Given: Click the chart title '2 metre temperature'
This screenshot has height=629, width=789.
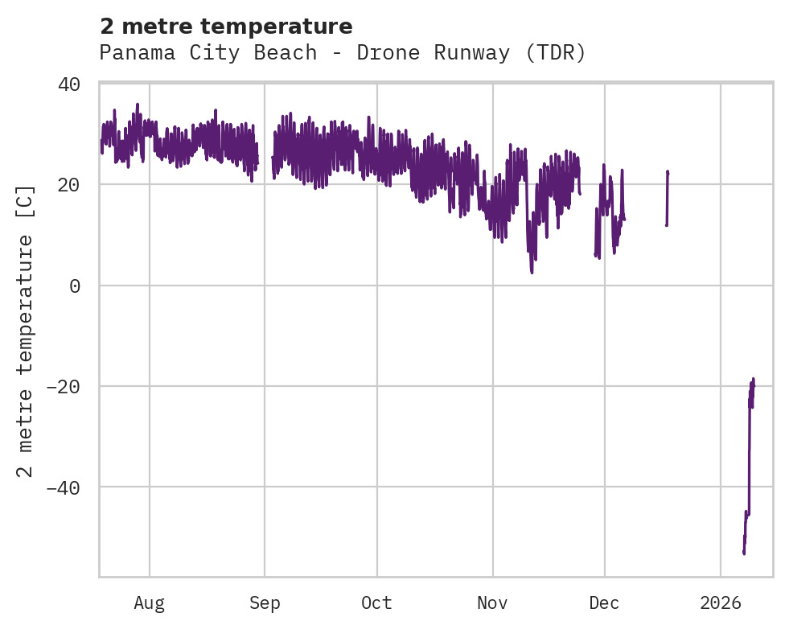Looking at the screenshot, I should [226, 27].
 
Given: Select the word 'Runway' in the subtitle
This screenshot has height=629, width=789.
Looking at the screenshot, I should [471, 53].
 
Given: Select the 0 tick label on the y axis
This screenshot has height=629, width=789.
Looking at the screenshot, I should [75, 286].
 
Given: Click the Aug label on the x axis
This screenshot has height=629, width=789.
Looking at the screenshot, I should [149, 603].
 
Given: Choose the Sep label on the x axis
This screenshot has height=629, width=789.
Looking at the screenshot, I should [265, 603].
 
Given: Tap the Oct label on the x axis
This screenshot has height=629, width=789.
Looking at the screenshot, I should [376, 603].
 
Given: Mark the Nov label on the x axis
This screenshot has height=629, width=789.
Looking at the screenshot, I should [492, 603].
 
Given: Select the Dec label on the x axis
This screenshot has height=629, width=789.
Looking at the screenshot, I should [604, 603].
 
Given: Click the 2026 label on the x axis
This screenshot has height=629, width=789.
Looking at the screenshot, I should [720, 603].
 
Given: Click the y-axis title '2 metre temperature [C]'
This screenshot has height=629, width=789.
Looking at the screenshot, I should [26, 331].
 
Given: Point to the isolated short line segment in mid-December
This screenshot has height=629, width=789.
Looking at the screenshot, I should [667, 198].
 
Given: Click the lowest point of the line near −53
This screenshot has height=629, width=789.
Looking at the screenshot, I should [744, 553].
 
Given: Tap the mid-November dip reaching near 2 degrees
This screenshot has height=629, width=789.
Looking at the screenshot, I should [532, 272].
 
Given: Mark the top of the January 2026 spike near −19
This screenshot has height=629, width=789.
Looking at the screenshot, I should [754, 379].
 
